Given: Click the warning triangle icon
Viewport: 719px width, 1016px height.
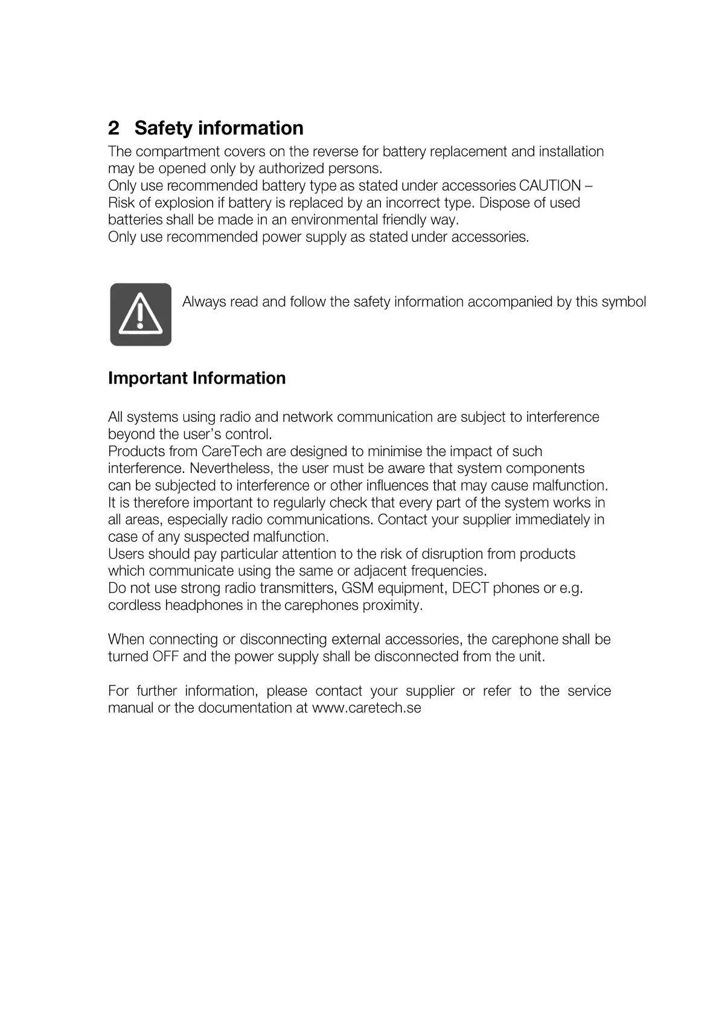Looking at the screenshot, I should pos(141,314).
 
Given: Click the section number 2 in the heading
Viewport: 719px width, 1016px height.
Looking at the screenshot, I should pos(113,129).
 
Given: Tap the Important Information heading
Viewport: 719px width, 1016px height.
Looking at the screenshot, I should pos(197,378).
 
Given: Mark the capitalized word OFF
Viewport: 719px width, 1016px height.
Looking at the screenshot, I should pos(165,656).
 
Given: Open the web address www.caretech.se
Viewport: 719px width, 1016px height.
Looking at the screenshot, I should pos(366,708).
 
